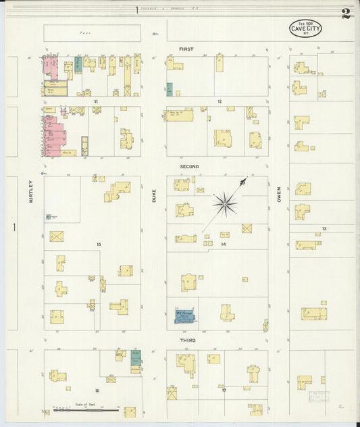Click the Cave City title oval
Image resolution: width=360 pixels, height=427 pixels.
(305, 28)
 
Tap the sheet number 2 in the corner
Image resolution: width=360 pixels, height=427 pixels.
(346, 14)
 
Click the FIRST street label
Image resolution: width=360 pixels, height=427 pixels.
(186, 49)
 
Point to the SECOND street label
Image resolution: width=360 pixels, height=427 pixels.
(189, 166)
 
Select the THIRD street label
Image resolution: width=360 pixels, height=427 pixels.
(188, 341)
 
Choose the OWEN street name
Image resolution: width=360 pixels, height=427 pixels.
(278, 195)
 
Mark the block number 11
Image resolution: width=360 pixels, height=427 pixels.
(96, 101)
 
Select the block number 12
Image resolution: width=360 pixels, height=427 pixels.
(220, 101)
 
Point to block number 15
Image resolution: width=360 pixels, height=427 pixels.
(99, 244)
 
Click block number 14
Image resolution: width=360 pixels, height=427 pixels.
(223, 244)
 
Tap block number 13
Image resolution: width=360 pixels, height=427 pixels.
(324, 229)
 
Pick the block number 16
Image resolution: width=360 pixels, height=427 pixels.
(97, 391)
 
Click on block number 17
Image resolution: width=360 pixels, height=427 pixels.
(222, 391)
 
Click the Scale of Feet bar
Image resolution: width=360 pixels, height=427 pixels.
(86, 409)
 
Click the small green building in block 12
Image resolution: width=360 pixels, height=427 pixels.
(170, 89)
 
